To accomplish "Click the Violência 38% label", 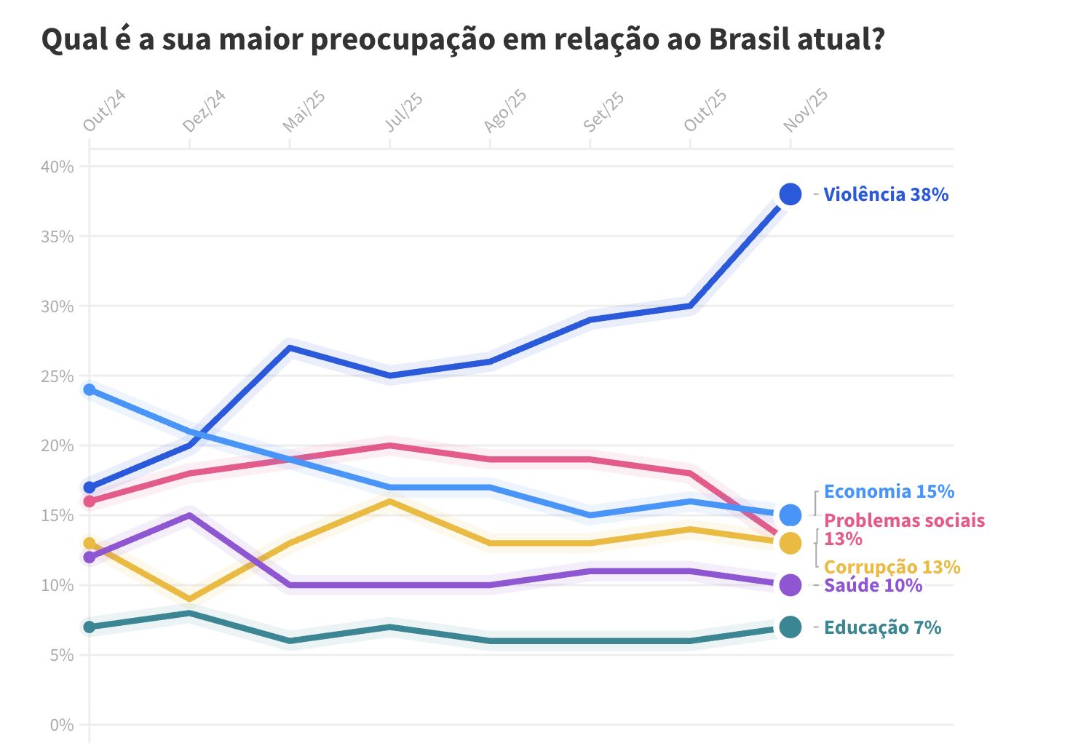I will [x=885, y=194].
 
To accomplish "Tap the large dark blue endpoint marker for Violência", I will [x=790, y=194].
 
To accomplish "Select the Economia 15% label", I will [x=888, y=491].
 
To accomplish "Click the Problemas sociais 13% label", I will [x=903, y=529].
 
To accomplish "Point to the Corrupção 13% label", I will [x=892, y=567].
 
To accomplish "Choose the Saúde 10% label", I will [x=873, y=585].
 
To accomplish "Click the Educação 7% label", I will [x=882, y=627].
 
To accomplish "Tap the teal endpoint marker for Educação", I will [x=790, y=627].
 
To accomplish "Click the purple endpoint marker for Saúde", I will [x=790, y=585].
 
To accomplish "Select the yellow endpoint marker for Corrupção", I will [x=790, y=543].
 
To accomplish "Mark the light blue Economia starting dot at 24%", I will [x=90, y=389].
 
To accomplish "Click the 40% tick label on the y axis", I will [x=58, y=167].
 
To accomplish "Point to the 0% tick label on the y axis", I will [x=62, y=725].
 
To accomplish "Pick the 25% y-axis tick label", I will [x=58, y=376].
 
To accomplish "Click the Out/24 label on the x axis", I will [x=105, y=111].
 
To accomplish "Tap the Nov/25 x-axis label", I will [x=806, y=111].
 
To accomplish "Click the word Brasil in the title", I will [x=749, y=39].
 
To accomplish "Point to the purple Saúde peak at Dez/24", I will [x=189, y=515].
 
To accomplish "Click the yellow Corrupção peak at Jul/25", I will [x=390, y=501].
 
